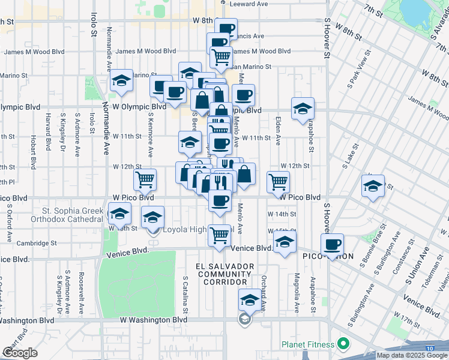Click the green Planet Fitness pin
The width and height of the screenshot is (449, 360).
tap(343, 344)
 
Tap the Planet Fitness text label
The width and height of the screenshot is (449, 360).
tap(308, 345)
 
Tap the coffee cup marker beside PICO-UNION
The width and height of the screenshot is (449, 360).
tap(333, 244)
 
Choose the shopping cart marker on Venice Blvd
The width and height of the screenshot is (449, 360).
tap(219, 235)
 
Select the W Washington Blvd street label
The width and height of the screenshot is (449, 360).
tap(154, 320)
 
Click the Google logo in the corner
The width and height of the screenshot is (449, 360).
tap(20, 352)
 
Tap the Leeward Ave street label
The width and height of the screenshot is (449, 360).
tap(247, 4)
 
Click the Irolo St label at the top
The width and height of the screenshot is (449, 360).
tap(94, 24)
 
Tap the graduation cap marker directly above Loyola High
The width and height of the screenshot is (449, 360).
tap(153, 217)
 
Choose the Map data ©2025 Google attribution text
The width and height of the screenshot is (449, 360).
tap(412, 355)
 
